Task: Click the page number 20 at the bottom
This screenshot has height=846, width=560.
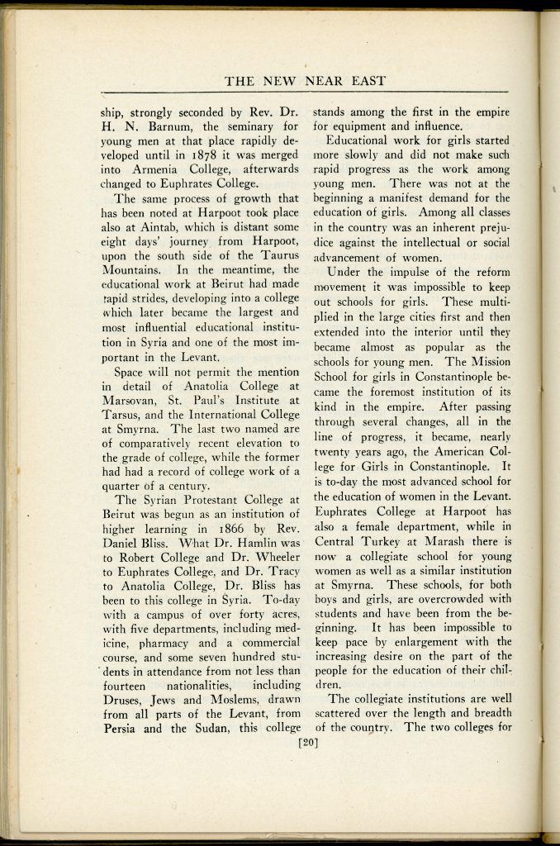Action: pyautogui.click(x=307, y=742)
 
